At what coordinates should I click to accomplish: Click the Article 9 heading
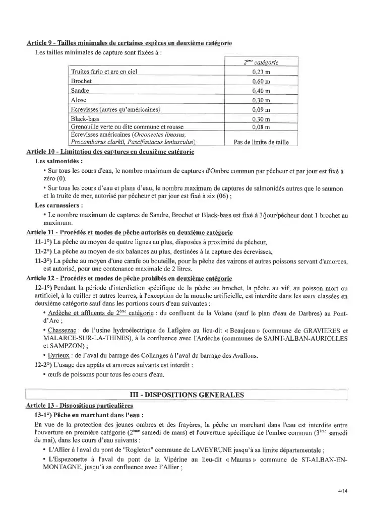point(129,44)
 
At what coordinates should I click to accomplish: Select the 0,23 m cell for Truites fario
point(261,72)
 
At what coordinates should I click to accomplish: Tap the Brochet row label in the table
point(81,81)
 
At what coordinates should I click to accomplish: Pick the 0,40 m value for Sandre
point(261,91)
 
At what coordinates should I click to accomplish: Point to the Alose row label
point(79,100)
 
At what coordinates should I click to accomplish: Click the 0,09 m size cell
point(261,109)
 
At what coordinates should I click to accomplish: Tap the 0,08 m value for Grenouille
point(261,127)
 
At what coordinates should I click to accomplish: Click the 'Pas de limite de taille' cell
point(261,142)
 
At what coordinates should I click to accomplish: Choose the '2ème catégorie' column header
point(261,62)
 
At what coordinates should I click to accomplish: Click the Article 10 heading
point(110,152)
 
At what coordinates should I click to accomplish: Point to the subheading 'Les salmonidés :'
point(58,162)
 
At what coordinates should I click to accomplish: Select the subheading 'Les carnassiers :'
point(59,205)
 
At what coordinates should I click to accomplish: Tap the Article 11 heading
point(129,232)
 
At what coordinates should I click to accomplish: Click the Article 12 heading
point(129,278)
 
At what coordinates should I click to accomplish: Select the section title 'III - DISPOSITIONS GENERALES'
point(187,395)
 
